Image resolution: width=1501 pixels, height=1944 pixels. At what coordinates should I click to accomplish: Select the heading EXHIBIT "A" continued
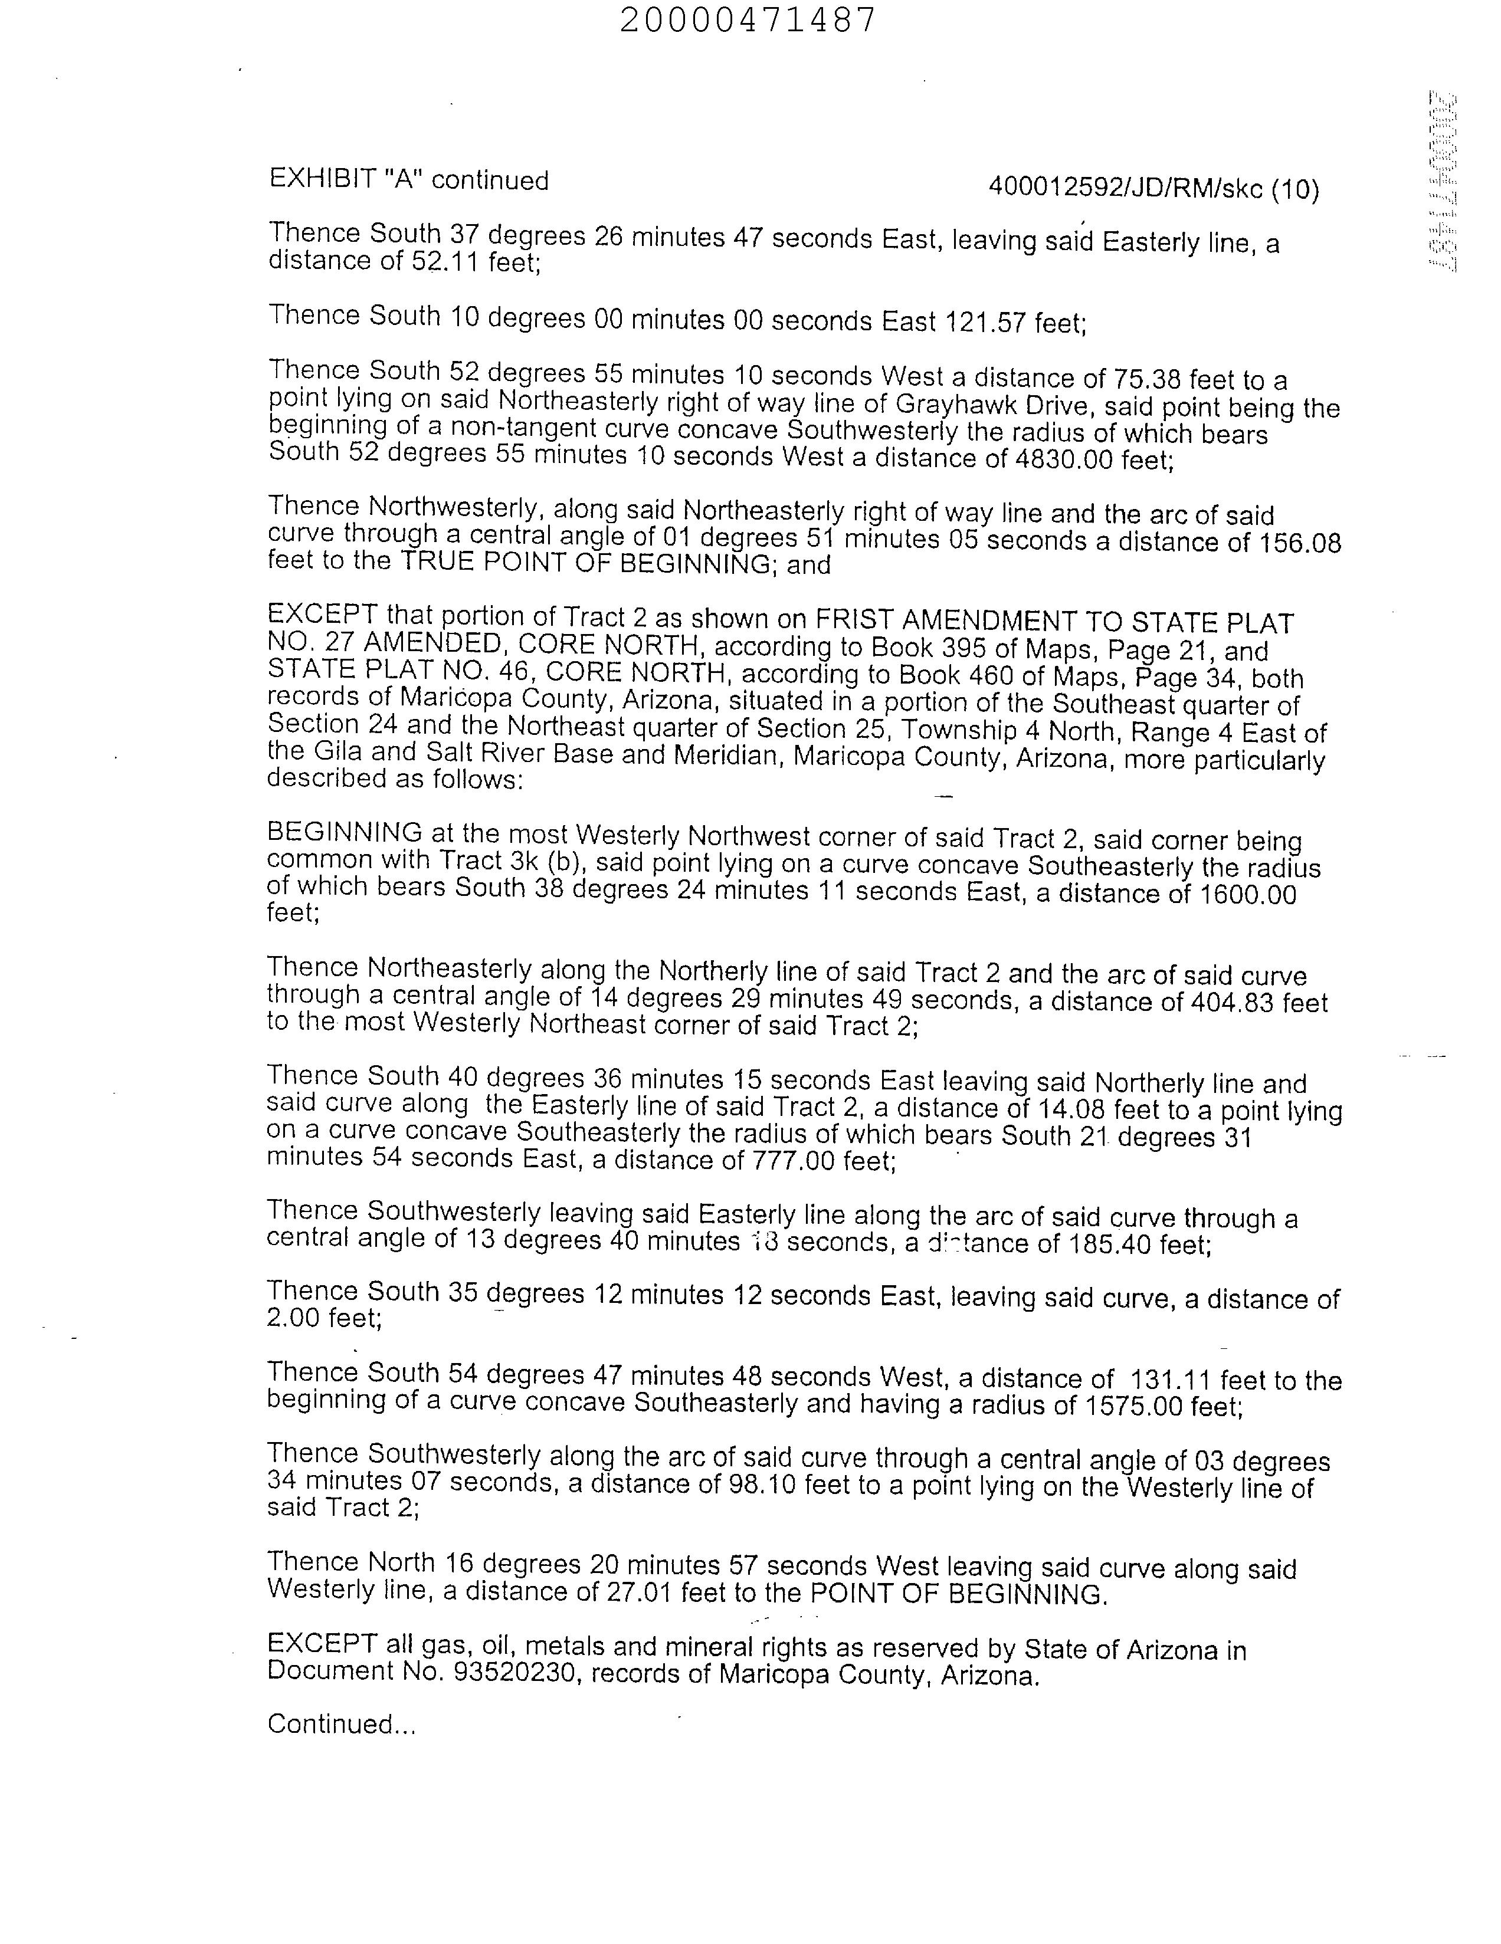point(409,180)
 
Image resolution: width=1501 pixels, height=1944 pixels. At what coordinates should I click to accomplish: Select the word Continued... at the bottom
point(341,1724)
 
